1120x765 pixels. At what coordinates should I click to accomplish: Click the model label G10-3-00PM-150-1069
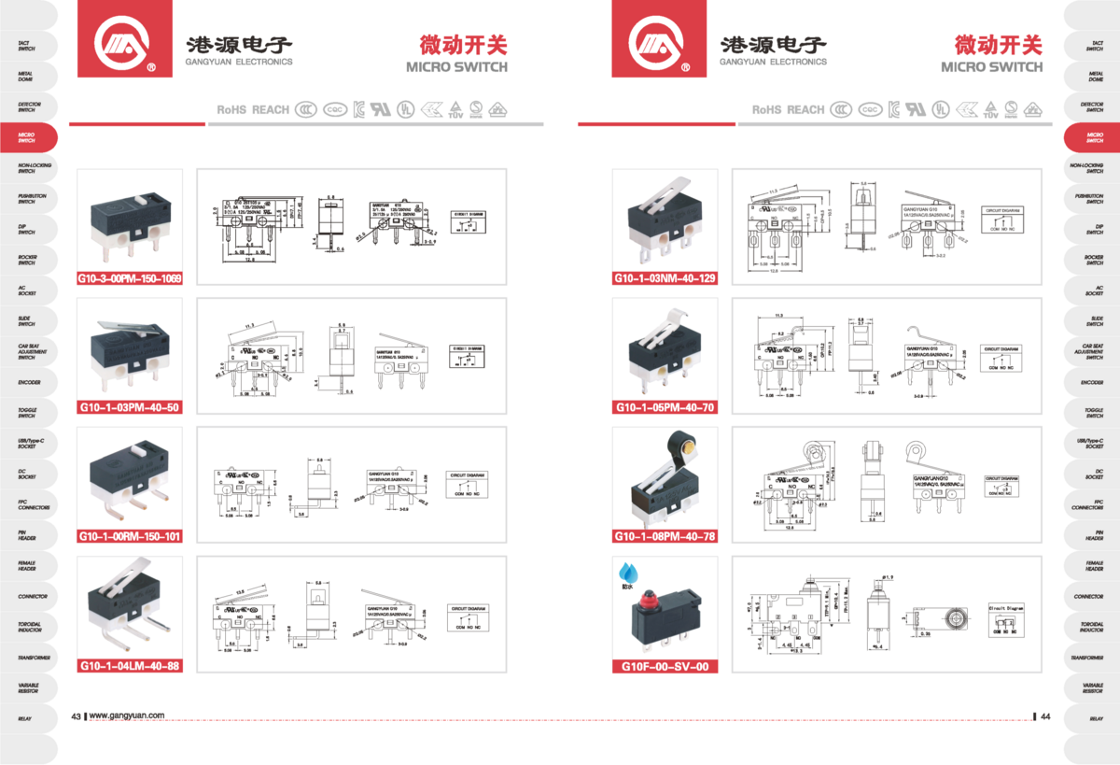click(130, 278)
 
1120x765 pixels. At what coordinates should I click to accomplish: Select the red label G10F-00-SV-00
click(665, 666)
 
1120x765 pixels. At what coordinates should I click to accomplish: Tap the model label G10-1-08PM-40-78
click(665, 536)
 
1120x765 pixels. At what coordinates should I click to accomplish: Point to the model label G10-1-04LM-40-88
click(130, 666)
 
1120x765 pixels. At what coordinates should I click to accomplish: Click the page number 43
click(77, 716)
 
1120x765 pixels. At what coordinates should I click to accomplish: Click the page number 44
click(1045, 716)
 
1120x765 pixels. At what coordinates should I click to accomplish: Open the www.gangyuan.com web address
click(127, 716)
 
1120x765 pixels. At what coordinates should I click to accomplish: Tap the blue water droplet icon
click(624, 569)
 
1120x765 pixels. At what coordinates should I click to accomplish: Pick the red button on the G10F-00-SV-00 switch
click(665, 595)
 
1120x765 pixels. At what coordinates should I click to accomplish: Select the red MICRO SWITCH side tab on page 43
click(27, 137)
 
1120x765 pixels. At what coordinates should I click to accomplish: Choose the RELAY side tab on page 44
click(1094, 718)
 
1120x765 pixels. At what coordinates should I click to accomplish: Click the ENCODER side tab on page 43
click(27, 382)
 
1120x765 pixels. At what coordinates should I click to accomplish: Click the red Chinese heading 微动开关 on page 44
click(997, 44)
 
